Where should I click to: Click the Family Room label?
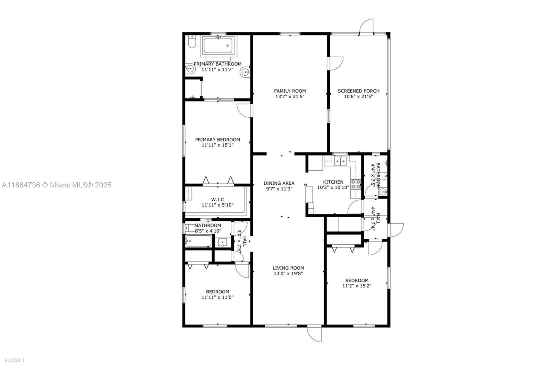(290, 91)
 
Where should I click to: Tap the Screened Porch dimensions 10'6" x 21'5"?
(358, 96)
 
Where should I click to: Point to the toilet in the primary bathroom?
(192, 41)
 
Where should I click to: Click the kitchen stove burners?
(356, 184)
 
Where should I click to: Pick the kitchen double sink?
(340, 161)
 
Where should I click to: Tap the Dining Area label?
(279, 183)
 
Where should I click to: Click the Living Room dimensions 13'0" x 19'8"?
(288, 274)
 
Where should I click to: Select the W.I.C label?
(217, 200)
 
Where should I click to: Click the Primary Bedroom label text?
(217, 140)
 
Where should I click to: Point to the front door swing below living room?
(314, 333)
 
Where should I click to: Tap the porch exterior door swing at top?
(366, 26)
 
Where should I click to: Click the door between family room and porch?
(335, 64)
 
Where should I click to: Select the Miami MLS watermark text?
(57, 185)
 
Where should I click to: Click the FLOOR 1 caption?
(15, 361)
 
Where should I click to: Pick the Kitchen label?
(333, 182)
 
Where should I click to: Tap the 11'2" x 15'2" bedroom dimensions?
(357, 286)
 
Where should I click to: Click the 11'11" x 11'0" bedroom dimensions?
(217, 297)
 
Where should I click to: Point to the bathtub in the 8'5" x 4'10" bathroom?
(199, 241)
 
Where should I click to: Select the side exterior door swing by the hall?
(396, 230)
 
